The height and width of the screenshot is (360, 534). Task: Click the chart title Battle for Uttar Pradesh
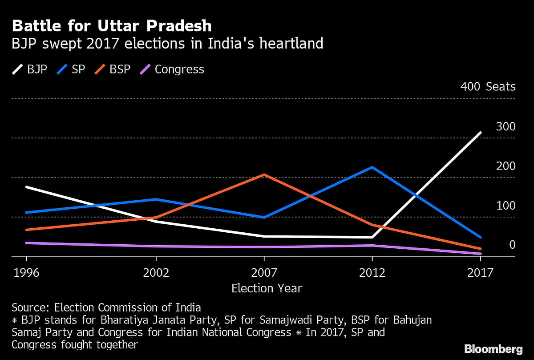[x=111, y=26]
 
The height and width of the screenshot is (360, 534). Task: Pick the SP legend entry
[x=71, y=69]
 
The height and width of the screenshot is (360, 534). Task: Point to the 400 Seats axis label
[x=488, y=86]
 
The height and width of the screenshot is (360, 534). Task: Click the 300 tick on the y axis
[x=506, y=126]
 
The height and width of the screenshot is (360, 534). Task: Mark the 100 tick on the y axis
[x=506, y=206]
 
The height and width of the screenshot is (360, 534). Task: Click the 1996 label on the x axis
[x=26, y=272]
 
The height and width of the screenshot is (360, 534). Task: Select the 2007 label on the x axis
[x=264, y=272]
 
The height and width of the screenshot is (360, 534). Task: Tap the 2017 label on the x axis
[x=481, y=272]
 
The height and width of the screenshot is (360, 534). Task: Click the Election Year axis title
[x=267, y=288]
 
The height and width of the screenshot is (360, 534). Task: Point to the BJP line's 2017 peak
[x=481, y=133]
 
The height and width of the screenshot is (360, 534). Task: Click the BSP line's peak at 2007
[x=264, y=174]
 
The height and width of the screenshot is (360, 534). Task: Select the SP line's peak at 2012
[x=372, y=167]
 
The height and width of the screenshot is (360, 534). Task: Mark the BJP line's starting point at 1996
[x=27, y=187]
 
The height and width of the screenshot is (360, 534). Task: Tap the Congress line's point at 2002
[x=156, y=246]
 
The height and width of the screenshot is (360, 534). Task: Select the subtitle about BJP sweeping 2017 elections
[x=167, y=44]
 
